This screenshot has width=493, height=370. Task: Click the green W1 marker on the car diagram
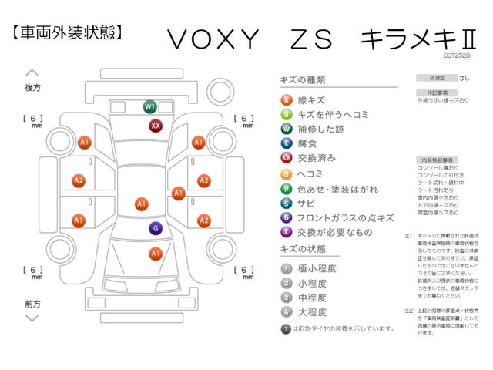point(149,106)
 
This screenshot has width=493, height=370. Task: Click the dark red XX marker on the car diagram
point(156,126)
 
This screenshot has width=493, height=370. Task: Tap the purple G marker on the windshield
point(155,228)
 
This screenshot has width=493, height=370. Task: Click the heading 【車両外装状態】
point(67,33)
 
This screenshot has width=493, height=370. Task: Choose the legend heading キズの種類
point(303,80)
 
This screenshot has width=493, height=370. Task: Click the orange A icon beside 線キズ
point(286,99)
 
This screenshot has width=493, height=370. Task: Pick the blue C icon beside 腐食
point(286,143)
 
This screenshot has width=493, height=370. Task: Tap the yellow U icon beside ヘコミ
point(286,173)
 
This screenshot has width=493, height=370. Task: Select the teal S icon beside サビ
point(286,203)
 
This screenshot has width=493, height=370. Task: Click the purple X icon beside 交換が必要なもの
point(286,232)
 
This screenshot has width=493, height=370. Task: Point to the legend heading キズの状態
point(303,250)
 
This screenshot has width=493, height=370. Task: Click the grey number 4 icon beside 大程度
point(286,312)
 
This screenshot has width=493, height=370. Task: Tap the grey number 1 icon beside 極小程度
point(286,268)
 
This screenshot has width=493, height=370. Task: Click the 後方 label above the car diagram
point(32,89)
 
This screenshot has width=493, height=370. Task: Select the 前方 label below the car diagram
point(32,303)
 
